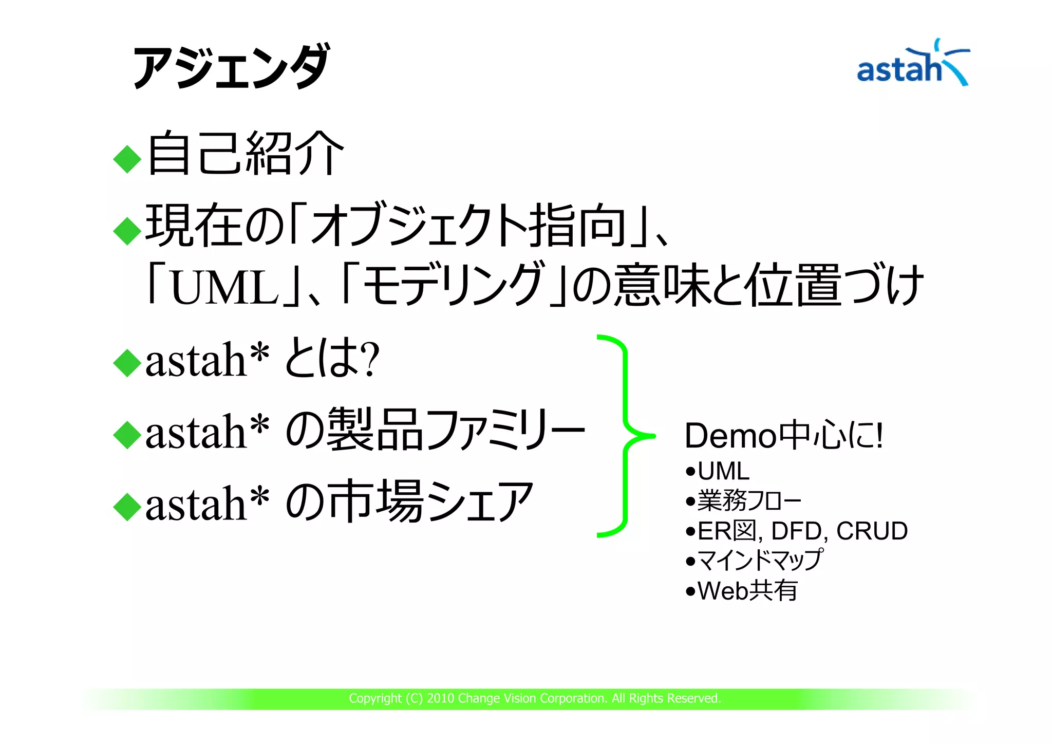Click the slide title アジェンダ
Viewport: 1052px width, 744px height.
tap(230, 67)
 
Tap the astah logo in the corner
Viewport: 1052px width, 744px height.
tap(912, 65)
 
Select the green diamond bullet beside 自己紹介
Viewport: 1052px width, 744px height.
tap(127, 159)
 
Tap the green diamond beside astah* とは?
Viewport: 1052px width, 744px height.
tap(127, 362)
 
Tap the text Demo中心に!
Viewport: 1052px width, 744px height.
tap(783, 436)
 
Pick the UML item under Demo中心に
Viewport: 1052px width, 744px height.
tap(723, 471)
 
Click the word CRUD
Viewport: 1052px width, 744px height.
tap(872, 531)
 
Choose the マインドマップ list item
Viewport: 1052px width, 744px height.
tap(760, 560)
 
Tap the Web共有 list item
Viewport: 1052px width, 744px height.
tap(747, 591)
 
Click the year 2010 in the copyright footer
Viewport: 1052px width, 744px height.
tap(440, 698)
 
